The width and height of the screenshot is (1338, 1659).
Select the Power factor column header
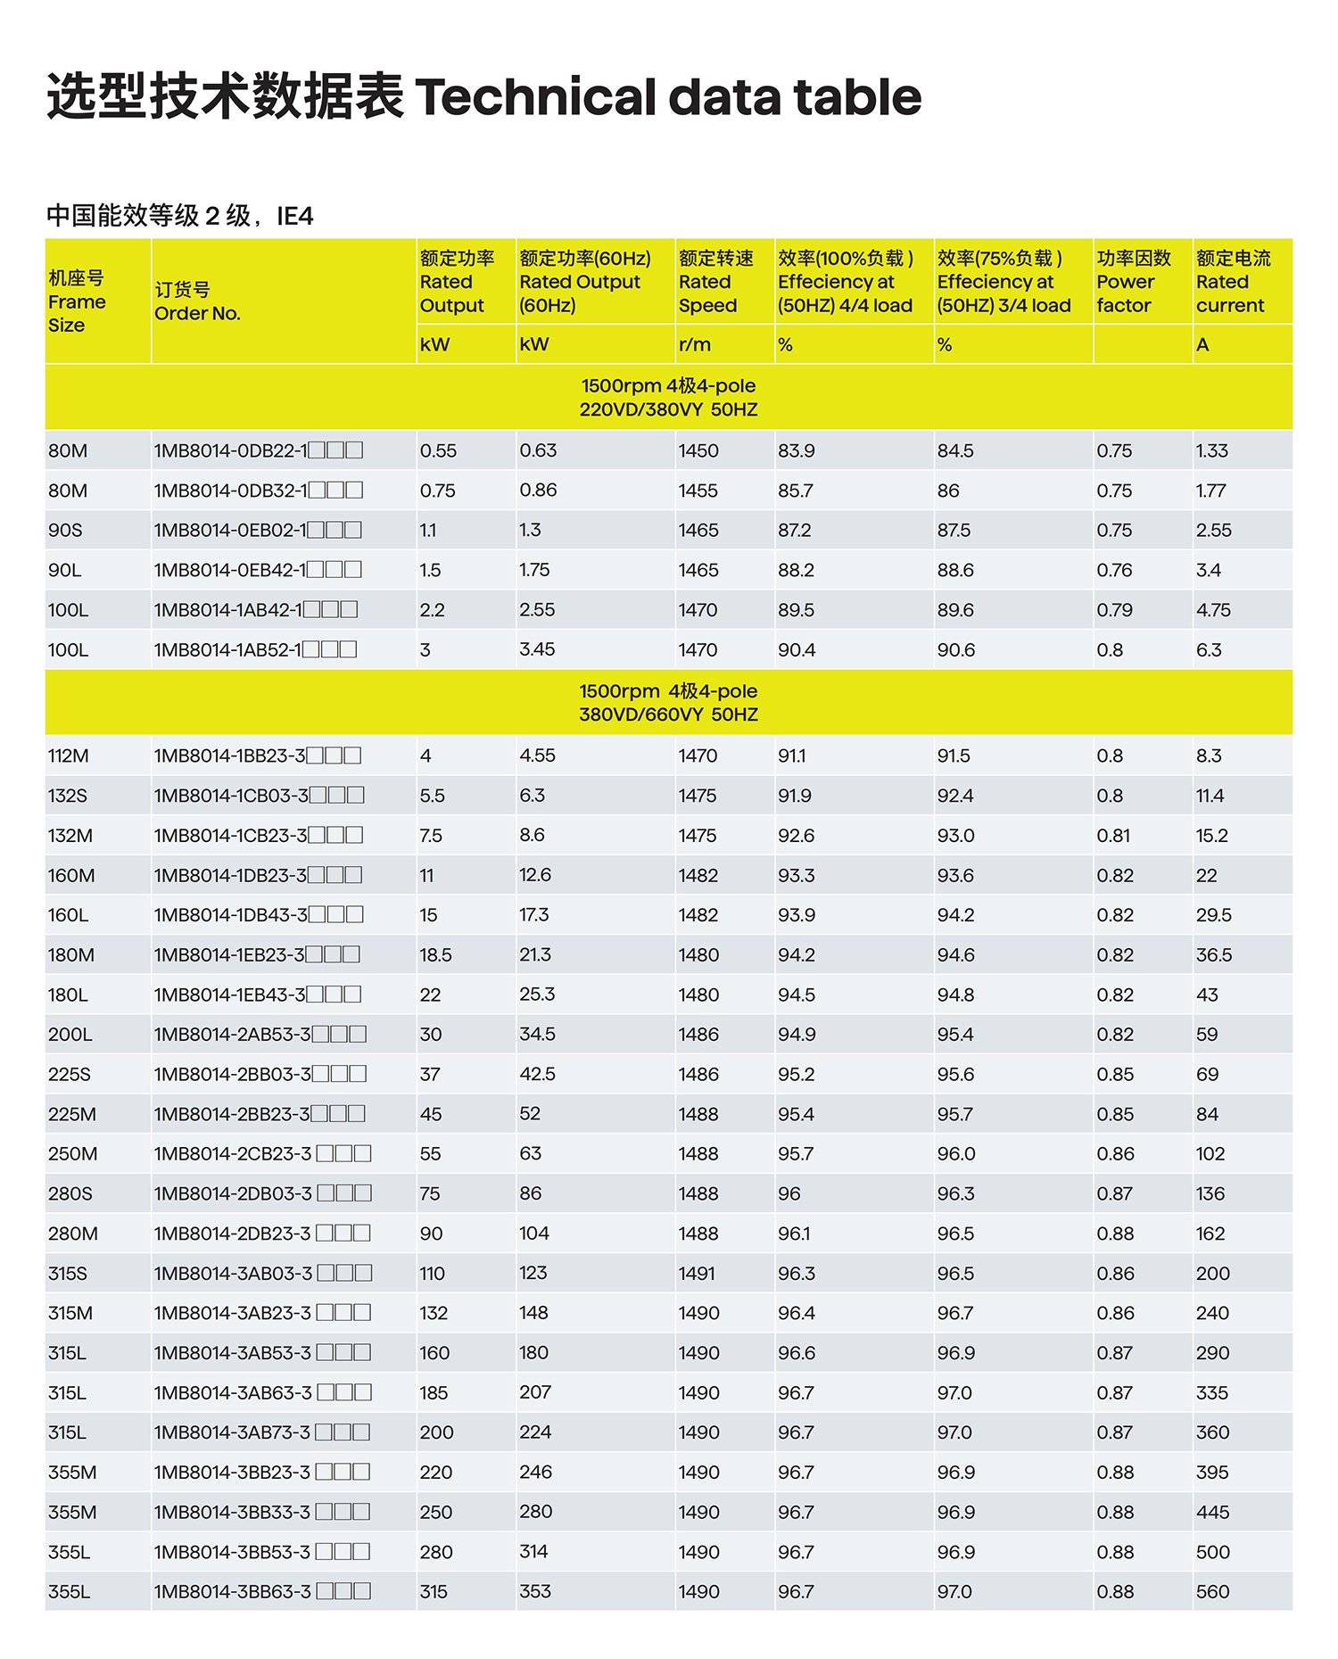tap(1133, 282)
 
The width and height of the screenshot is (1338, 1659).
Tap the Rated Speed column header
tap(715, 282)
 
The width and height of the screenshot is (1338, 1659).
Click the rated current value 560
tap(1212, 1591)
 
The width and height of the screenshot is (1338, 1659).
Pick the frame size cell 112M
tap(69, 755)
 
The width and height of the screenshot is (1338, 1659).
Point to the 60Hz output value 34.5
tap(537, 1034)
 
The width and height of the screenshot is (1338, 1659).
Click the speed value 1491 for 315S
tap(697, 1273)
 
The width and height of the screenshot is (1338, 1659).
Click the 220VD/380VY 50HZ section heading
tap(668, 409)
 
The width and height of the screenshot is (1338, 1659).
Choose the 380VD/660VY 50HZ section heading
tap(668, 714)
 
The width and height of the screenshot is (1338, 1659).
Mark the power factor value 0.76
tap(1114, 570)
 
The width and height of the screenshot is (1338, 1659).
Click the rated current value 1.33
tap(1211, 450)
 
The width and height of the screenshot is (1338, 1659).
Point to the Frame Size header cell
tap(77, 301)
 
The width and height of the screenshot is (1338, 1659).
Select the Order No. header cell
tap(197, 301)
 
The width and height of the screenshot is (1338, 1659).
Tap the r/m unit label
tap(695, 344)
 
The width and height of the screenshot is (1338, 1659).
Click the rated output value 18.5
tap(435, 954)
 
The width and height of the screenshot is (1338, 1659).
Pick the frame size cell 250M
tap(72, 1153)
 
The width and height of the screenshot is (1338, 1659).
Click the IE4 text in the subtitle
tap(294, 216)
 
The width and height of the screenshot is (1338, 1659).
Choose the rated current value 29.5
tap(1213, 914)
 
